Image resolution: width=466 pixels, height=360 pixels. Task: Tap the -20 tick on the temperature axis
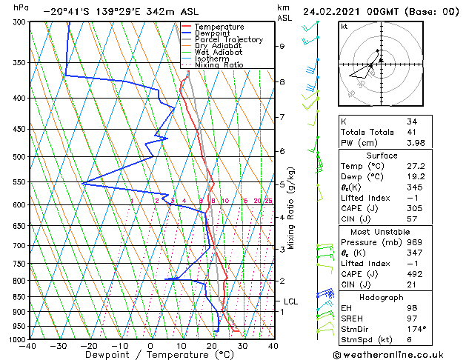(x=90, y=345)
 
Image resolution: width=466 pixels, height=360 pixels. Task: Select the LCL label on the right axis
(x=290, y=301)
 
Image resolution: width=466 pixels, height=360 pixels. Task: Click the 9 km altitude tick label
(x=282, y=46)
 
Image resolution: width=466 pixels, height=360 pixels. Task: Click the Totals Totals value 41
(x=412, y=132)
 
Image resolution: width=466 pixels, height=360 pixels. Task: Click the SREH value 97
(x=412, y=317)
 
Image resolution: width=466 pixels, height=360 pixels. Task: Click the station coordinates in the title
(x=97, y=12)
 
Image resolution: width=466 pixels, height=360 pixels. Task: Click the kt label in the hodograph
(x=344, y=26)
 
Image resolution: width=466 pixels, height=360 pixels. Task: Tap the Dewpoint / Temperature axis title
(x=151, y=355)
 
